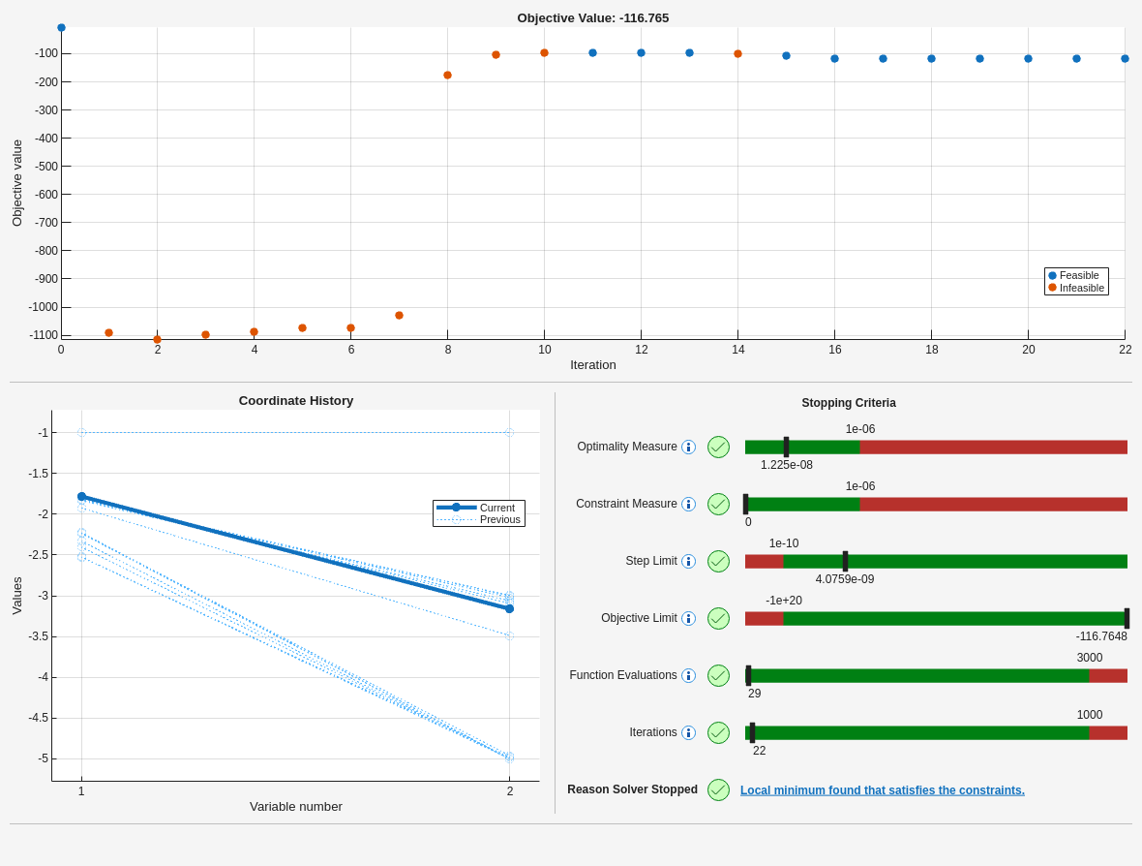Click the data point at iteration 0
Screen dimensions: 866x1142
(61, 28)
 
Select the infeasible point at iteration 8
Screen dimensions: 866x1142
(447, 76)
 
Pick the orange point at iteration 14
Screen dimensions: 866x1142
(737, 54)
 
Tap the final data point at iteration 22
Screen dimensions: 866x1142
(1125, 59)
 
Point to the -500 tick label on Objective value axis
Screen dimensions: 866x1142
(45, 167)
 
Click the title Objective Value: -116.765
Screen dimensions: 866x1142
(592, 17)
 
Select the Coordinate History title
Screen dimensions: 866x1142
(296, 401)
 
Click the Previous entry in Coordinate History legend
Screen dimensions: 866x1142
(499, 519)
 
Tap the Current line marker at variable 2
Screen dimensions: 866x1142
(509, 609)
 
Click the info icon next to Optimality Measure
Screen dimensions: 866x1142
(688, 448)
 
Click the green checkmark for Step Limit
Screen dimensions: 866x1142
(718, 562)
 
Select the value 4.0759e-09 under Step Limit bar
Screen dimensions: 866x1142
(844, 579)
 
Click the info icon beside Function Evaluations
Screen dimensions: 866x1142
(688, 676)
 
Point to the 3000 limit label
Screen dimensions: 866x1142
(1089, 658)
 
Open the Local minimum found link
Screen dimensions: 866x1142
(882, 790)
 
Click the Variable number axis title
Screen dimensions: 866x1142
(296, 807)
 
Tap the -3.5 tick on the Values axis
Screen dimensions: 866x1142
(38, 636)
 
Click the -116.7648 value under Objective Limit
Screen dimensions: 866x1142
(1100, 636)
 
